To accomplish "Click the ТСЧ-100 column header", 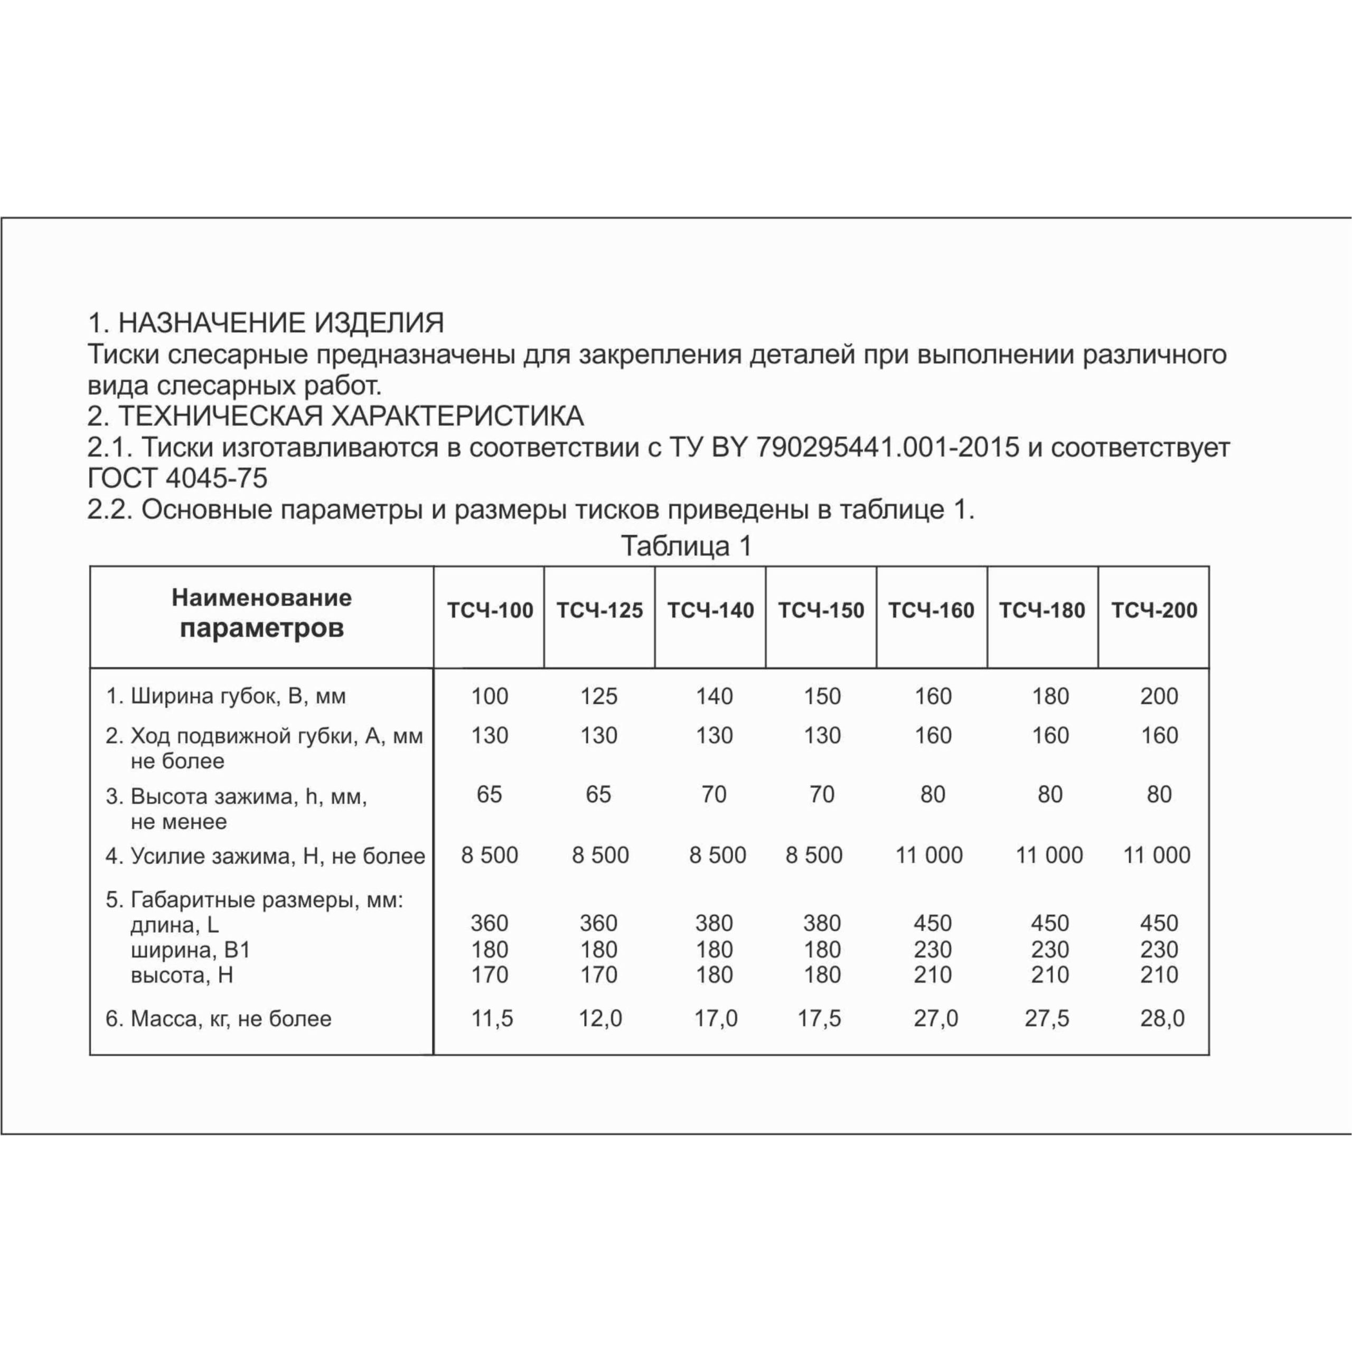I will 490,610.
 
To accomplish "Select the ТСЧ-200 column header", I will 1154,610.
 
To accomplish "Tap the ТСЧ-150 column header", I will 821,610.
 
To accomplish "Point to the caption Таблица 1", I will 686,546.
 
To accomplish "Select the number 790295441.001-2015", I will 887,447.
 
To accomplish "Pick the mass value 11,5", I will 492,1018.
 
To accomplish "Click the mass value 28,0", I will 1162,1018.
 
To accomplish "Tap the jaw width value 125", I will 599,696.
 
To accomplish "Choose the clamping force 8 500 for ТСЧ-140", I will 717,855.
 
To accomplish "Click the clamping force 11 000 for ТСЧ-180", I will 1049,855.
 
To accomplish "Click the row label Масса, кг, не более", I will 218,1019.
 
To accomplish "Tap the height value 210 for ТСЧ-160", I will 932,974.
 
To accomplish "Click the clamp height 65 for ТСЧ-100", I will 489,794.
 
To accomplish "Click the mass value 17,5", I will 820,1018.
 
